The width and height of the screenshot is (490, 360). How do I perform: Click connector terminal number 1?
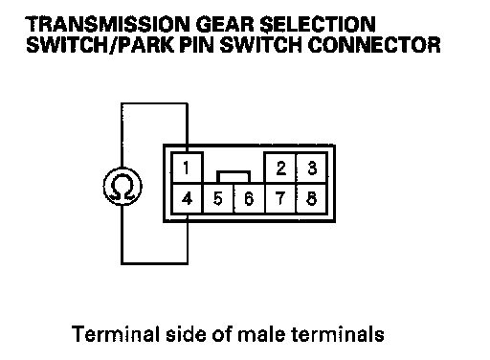coord(187,168)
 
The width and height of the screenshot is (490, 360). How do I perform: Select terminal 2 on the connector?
coord(280,168)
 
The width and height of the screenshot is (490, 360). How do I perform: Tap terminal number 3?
coord(312,168)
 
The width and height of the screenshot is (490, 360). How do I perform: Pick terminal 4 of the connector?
coord(187,198)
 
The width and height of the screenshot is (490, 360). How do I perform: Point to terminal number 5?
coord(218,198)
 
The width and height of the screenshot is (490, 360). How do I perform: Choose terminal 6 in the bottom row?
coord(250,198)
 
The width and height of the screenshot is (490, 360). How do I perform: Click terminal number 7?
coord(280,198)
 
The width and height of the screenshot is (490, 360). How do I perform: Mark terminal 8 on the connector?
coord(312,198)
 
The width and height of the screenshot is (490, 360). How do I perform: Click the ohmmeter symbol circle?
coord(122,168)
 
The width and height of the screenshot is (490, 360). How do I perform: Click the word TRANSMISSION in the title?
coord(107,24)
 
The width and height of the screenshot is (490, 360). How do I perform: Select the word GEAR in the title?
coord(225,24)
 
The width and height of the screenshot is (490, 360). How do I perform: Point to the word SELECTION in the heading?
coord(318,24)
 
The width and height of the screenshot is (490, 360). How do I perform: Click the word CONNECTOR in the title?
coord(374,45)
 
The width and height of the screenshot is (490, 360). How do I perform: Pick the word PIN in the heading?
coord(196,45)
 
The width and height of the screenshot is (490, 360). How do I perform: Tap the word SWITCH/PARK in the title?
coord(100,45)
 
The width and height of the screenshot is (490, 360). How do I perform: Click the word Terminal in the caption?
coord(116,334)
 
